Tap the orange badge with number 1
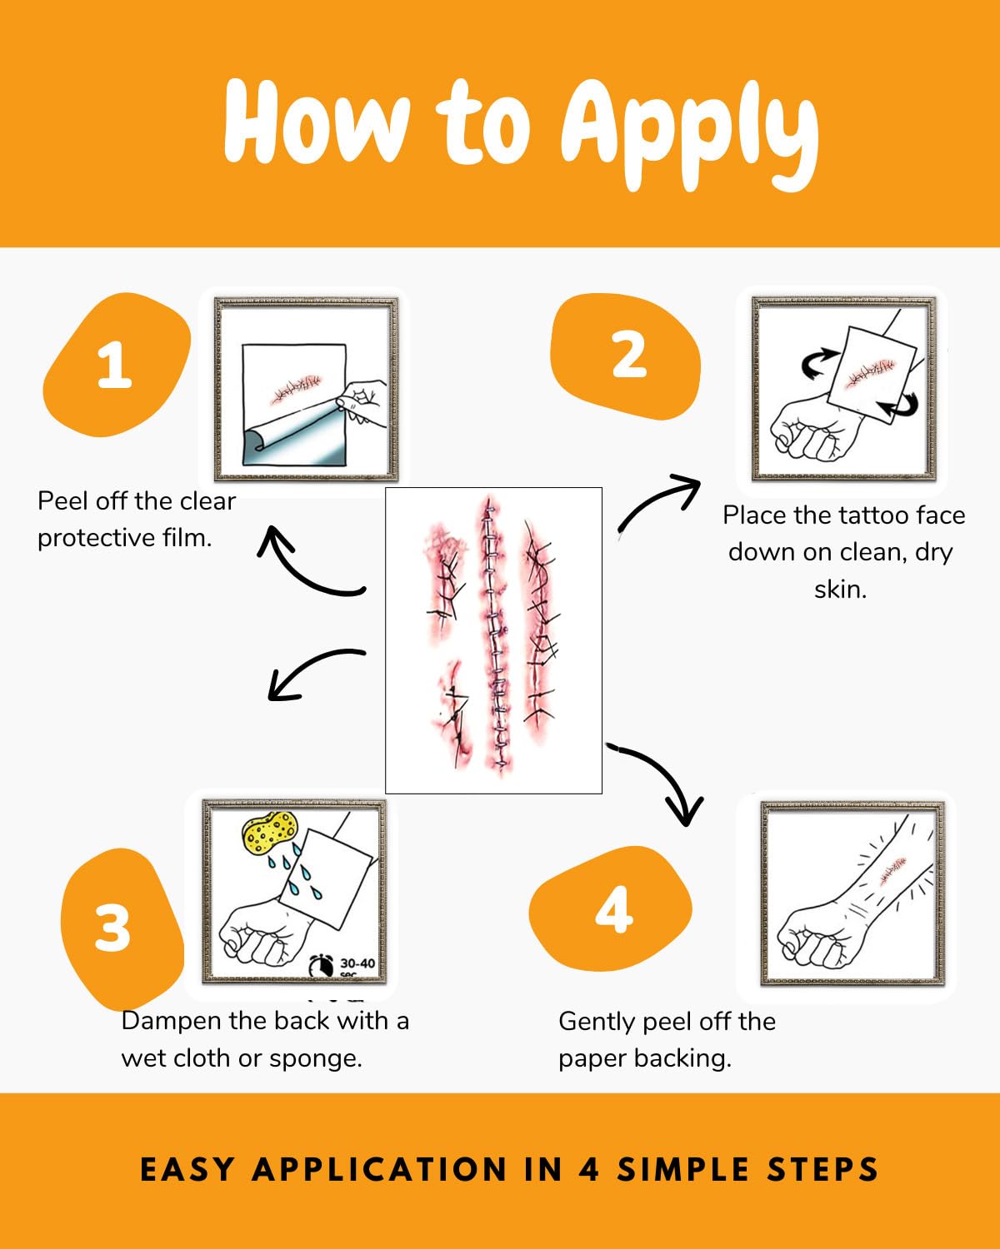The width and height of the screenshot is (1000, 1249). (116, 365)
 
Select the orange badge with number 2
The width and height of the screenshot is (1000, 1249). (627, 356)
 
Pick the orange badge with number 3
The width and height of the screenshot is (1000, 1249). (122, 928)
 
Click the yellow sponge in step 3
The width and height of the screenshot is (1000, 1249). (269, 832)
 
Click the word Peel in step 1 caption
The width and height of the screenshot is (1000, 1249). (63, 501)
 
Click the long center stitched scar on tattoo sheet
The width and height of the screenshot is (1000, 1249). (494, 635)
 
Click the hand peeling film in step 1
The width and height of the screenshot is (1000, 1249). (364, 401)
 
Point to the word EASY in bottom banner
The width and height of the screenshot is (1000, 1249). (187, 1169)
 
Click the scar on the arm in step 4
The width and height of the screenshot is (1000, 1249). (893, 871)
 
